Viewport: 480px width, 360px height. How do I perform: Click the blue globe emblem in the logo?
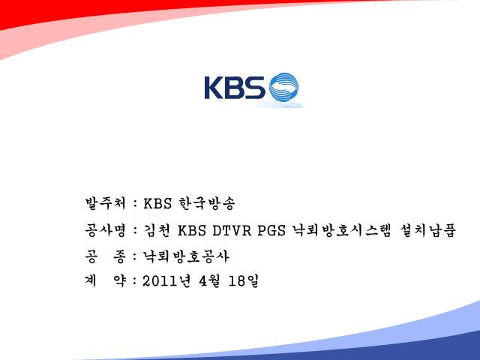pyautogui.click(x=283, y=87)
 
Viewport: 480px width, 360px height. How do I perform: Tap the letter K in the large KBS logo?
pyautogui.click(x=214, y=88)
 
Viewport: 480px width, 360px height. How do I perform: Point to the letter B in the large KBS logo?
pyautogui.click(x=234, y=88)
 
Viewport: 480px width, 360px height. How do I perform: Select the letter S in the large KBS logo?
pyautogui.click(x=255, y=88)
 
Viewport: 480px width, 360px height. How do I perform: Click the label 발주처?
pyautogui.click(x=105, y=203)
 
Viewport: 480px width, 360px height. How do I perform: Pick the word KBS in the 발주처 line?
pyautogui.click(x=157, y=203)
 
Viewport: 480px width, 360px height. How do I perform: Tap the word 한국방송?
pyautogui.click(x=207, y=203)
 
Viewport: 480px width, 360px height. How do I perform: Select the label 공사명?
pyautogui.click(x=105, y=230)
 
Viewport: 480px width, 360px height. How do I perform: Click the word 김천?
pyautogui.click(x=157, y=230)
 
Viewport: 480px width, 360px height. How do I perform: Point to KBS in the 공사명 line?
pyautogui.click(x=192, y=230)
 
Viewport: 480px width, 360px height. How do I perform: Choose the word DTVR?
pyautogui.click(x=232, y=230)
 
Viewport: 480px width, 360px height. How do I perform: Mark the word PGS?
pyautogui.click(x=271, y=230)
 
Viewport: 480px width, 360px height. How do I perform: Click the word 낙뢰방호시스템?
pyautogui.click(x=342, y=230)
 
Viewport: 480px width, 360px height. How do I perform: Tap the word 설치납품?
pyautogui.click(x=427, y=230)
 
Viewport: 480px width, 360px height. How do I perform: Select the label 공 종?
pyautogui.click(x=105, y=256)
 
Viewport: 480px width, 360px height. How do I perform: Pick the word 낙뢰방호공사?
pyautogui.click(x=186, y=256)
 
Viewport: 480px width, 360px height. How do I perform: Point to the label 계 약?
pyautogui.click(x=105, y=280)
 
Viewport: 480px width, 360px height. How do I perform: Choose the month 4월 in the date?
pyautogui.click(x=209, y=280)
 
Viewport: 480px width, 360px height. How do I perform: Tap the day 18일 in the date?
pyautogui.click(x=244, y=280)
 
